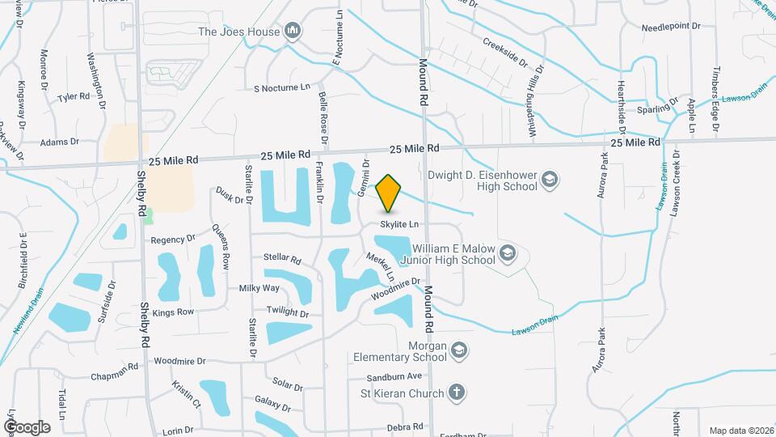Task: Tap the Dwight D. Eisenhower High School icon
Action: (550, 180)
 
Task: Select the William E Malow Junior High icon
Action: (507, 253)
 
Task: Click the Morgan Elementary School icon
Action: (459, 350)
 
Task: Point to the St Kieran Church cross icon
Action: (456, 393)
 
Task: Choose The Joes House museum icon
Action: (293, 32)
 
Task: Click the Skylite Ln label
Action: (400, 224)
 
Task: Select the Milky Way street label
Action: (259, 288)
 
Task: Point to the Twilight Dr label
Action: (289, 313)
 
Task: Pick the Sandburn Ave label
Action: (394, 376)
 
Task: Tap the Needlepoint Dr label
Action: (671, 27)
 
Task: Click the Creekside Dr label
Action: (505, 52)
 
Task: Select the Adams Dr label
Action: (59, 141)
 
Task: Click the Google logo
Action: (26, 426)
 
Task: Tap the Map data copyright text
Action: (740, 431)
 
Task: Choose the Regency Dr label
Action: (174, 240)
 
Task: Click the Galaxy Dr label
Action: (272, 401)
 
